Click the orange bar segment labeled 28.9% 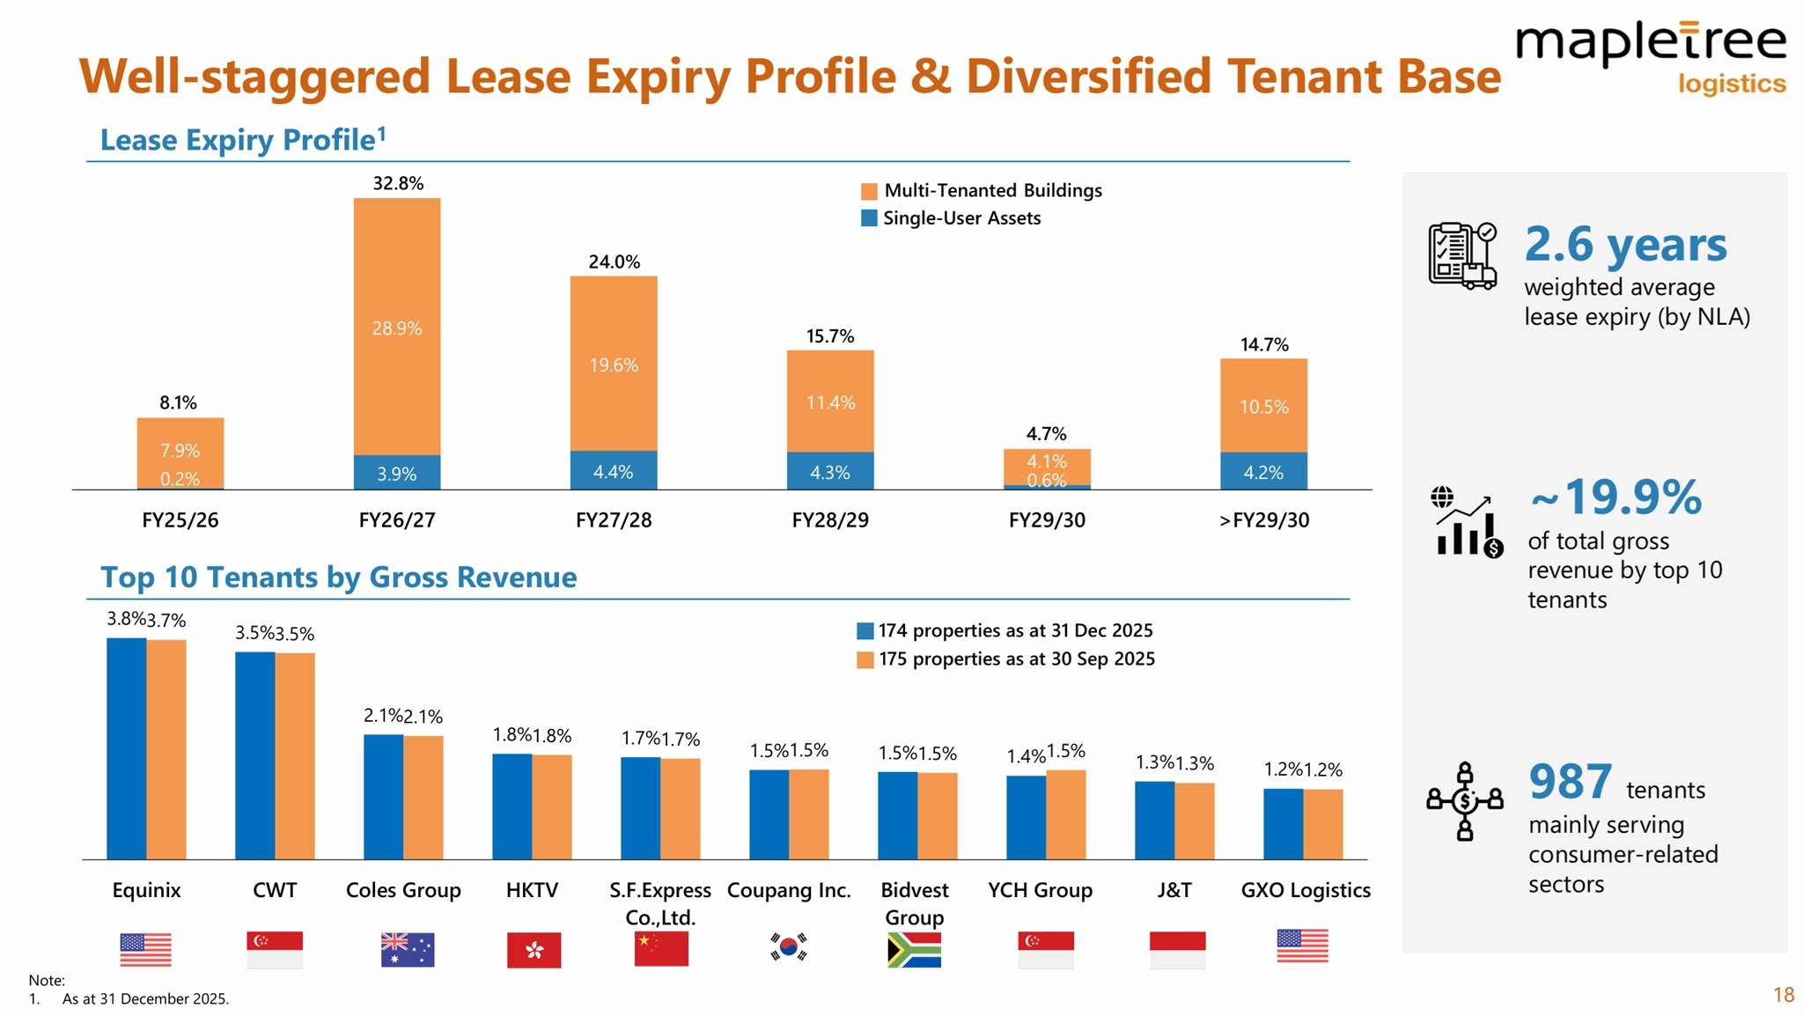click(397, 328)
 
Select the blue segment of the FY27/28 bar click(614, 471)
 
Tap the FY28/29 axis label click(830, 520)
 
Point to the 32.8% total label click(398, 183)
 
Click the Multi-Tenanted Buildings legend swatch click(869, 191)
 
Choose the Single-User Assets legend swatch click(869, 218)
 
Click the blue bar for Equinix click(127, 748)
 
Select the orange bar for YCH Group click(1066, 814)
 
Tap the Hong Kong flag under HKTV click(534, 950)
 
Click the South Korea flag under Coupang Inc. click(789, 947)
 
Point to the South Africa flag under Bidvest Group click(914, 950)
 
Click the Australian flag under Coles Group click(407, 949)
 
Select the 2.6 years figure click(1625, 244)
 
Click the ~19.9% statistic click(1616, 497)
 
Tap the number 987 click(1571, 781)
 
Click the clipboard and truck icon click(1461, 255)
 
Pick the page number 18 click(1784, 995)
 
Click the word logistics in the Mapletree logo click(1731, 84)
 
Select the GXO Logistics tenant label click(1306, 890)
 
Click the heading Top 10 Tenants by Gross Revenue click(339, 578)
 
